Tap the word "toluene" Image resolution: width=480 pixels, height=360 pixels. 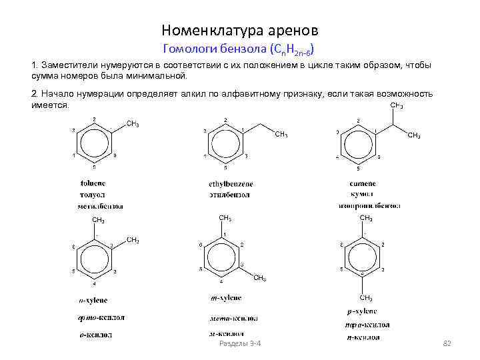tap(94, 183)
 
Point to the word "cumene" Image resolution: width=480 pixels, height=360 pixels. tap(363, 183)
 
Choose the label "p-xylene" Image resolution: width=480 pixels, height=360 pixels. tap(361, 311)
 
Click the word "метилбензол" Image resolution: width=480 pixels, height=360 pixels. tap(100, 207)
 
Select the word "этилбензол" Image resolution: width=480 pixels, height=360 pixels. tap(229, 195)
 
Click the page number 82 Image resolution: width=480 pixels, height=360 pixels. tap(447, 343)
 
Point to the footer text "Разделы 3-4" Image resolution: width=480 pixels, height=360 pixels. tap(239, 343)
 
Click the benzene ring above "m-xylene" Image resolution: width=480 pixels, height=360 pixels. tap(221, 256)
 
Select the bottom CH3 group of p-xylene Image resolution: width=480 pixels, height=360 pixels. tap(365, 297)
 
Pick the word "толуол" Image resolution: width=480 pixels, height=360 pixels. tap(93, 195)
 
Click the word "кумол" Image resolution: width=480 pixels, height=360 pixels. tap(362, 195)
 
